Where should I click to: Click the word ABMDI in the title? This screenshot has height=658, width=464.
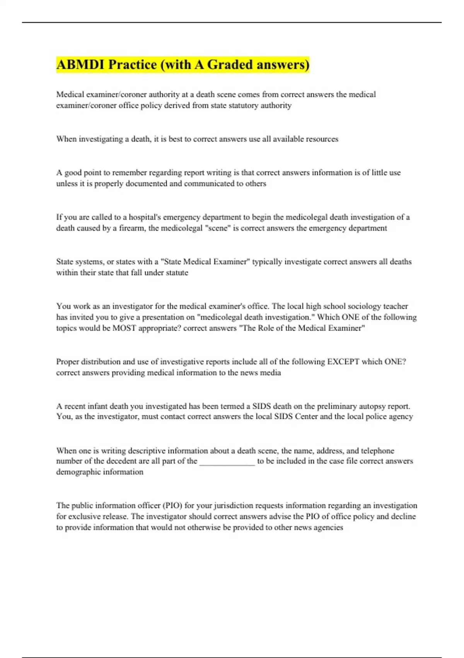(80, 65)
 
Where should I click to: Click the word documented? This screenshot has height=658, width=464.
(149, 183)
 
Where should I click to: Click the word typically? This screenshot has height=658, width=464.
(267, 262)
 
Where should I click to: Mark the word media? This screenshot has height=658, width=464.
(271, 373)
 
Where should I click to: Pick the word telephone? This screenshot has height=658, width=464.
(377, 451)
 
